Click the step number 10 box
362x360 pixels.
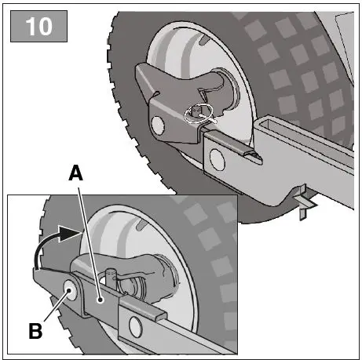pos(37,26)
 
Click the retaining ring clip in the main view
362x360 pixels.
pos(199,112)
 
